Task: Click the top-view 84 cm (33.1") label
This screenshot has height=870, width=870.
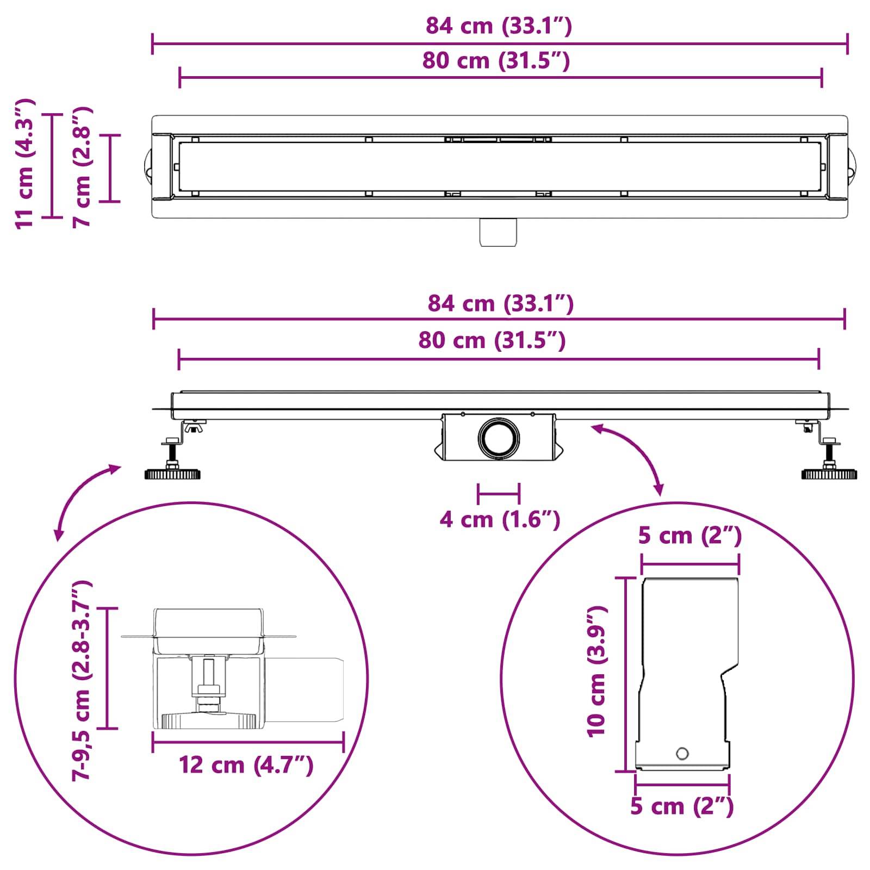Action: [499, 26]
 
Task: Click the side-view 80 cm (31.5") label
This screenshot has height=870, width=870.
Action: [492, 340]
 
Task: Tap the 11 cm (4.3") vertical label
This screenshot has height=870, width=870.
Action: [25, 163]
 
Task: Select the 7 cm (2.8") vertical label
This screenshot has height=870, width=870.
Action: [83, 166]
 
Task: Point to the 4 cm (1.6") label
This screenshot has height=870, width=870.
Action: [499, 520]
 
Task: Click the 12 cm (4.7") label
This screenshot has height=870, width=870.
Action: [246, 766]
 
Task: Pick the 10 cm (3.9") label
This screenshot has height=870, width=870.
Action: [596, 672]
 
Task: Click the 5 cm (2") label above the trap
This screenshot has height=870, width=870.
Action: [689, 536]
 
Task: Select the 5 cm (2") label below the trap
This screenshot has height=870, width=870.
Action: [682, 806]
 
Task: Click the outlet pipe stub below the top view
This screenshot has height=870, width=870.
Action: [498, 232]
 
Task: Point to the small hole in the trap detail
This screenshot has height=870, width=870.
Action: [682, 754]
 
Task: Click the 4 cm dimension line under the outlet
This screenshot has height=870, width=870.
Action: [499, 494]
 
